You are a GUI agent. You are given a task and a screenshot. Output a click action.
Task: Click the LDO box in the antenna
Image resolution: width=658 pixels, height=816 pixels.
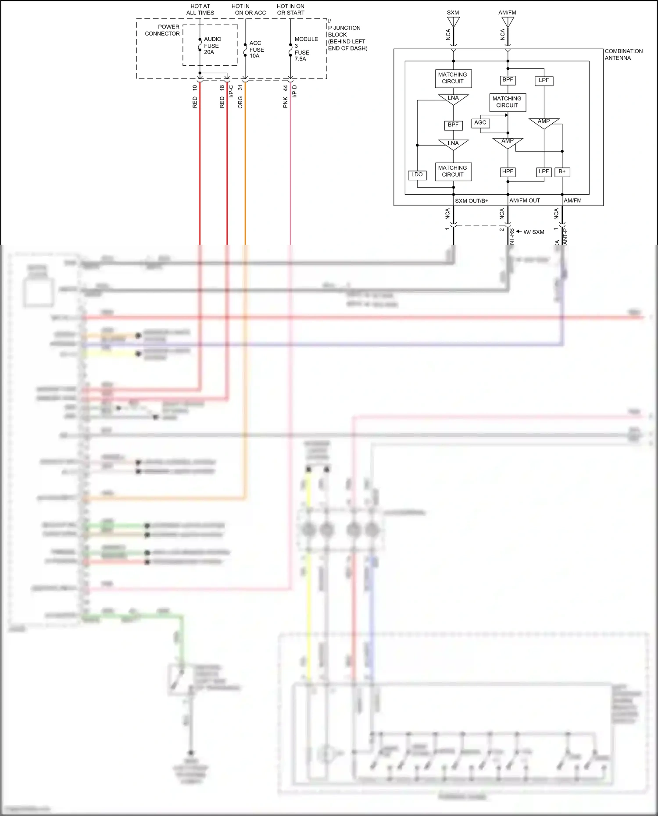click(x=417, y=175)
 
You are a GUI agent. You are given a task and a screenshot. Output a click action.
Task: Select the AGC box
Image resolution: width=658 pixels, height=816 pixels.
click(x=480, y=123)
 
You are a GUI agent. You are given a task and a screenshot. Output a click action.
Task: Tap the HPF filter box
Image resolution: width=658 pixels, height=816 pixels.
click(x=508, y=172)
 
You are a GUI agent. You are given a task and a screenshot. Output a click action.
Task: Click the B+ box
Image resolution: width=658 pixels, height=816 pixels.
click(x=562, y=172)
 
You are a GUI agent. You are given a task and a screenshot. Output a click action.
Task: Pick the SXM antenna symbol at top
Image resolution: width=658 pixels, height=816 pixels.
click(x=453, y=22)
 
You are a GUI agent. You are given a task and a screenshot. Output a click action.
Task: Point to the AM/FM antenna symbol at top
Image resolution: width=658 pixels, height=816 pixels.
click(x=508, y=22)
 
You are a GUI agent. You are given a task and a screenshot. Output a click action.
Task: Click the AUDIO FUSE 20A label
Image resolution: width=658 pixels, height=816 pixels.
click(x=212, y=46)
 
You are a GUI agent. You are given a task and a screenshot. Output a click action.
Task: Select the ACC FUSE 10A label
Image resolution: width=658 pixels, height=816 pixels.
click(x=257, y=50)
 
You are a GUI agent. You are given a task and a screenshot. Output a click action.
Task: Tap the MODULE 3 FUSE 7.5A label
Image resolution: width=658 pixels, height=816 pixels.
click(x=305, y=49)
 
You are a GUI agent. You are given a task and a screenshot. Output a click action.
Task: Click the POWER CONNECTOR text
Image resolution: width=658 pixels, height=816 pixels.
click(x=163, y=30)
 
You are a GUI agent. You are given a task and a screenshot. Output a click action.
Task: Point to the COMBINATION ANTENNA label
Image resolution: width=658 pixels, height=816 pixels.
click(x=623, y=54)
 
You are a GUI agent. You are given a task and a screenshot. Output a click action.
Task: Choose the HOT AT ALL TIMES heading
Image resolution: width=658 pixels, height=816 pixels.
click(x=200, y=10)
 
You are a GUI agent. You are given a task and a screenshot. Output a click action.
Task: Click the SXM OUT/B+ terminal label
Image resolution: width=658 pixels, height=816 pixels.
click(x=472, y=201)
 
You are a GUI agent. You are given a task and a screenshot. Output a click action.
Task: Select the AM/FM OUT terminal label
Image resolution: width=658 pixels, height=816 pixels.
click(x=525, y=200)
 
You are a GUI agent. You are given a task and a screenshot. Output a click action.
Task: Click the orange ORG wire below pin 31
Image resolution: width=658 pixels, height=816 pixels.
click(x=245, y=175)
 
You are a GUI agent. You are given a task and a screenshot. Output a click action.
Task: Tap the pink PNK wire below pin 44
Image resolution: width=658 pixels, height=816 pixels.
click(x=290, y=175)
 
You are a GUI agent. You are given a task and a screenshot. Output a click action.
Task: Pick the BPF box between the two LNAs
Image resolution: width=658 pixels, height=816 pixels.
click(x=453, y=125)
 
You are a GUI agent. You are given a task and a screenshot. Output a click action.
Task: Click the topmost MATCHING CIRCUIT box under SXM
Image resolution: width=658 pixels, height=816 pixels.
click(x=453, y=78)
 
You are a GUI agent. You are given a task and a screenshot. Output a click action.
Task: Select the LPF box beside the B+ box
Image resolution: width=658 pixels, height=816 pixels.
click(x=544, y=172)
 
